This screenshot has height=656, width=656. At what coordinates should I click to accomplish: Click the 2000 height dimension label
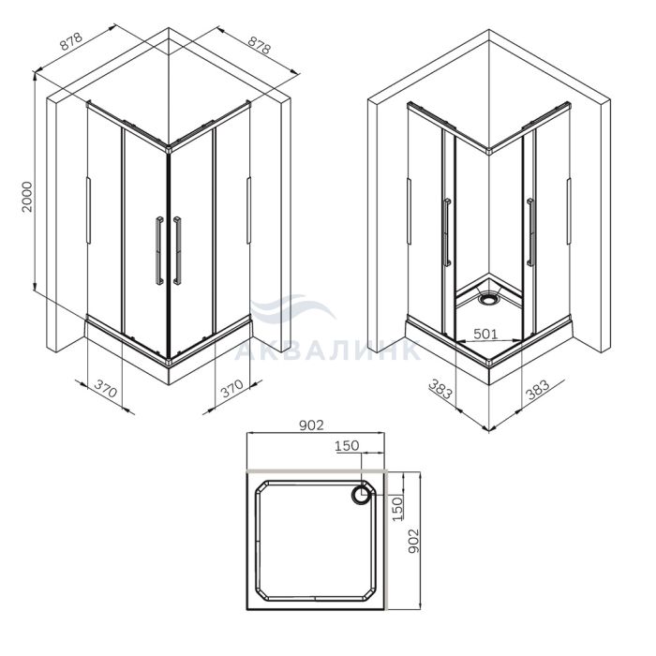coord(27,197)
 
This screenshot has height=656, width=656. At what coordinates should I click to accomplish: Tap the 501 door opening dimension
coord(485,334)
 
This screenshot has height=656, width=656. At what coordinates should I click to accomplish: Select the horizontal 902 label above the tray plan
coord(312,425)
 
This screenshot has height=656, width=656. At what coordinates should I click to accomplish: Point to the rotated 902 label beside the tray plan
coord(413,541)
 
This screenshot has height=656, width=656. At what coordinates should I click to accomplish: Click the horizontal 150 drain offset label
coord(347,446)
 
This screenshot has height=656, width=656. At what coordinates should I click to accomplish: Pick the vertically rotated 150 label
coord(397,509)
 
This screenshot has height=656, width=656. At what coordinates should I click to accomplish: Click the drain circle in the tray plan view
coord(360,496)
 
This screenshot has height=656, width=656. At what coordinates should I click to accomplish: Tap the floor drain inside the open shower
coord(488,300)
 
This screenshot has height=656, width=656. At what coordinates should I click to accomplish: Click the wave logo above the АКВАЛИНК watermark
coord(292,309)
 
